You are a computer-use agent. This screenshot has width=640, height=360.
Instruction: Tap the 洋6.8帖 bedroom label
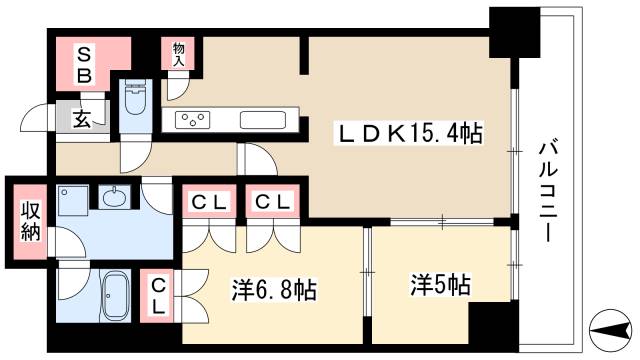(274, 291)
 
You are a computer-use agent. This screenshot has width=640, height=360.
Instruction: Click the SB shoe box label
(86, 63)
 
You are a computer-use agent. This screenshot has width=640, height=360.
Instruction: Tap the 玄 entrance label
(81, 118)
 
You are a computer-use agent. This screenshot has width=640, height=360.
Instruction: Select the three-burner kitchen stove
(192, 120)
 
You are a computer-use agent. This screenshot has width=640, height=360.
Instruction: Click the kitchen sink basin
(263, 120)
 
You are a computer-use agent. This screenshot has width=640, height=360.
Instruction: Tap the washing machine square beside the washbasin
(72, 199)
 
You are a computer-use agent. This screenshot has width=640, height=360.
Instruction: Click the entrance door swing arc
(35, 118)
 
